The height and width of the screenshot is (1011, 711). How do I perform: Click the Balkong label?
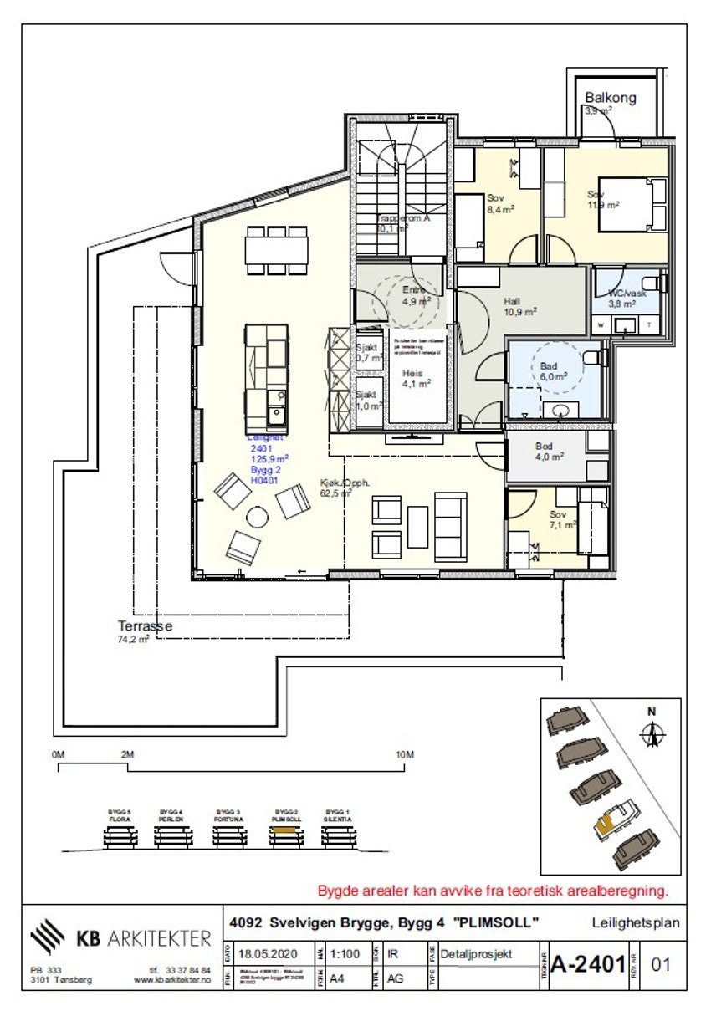(x=610, y=97)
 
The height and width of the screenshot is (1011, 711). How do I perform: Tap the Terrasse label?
(x=145, y=625)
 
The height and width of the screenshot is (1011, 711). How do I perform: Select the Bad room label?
(x=549, y=365)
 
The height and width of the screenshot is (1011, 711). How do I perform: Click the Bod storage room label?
(x=544, y=446)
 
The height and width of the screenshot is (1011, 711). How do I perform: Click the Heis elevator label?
(x=412, y=374)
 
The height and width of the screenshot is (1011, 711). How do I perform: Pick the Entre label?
(x=413, y=290)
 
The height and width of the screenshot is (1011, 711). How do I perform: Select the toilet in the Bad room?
(x=592, y=358)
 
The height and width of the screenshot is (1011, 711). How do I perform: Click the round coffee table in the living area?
(x=258, y=518)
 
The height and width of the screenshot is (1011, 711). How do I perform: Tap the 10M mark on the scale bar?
(x=405, y=754)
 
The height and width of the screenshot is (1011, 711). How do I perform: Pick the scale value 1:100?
(x=345, y=952)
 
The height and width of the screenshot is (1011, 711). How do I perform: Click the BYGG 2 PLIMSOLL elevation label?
(x=287, y=815)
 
